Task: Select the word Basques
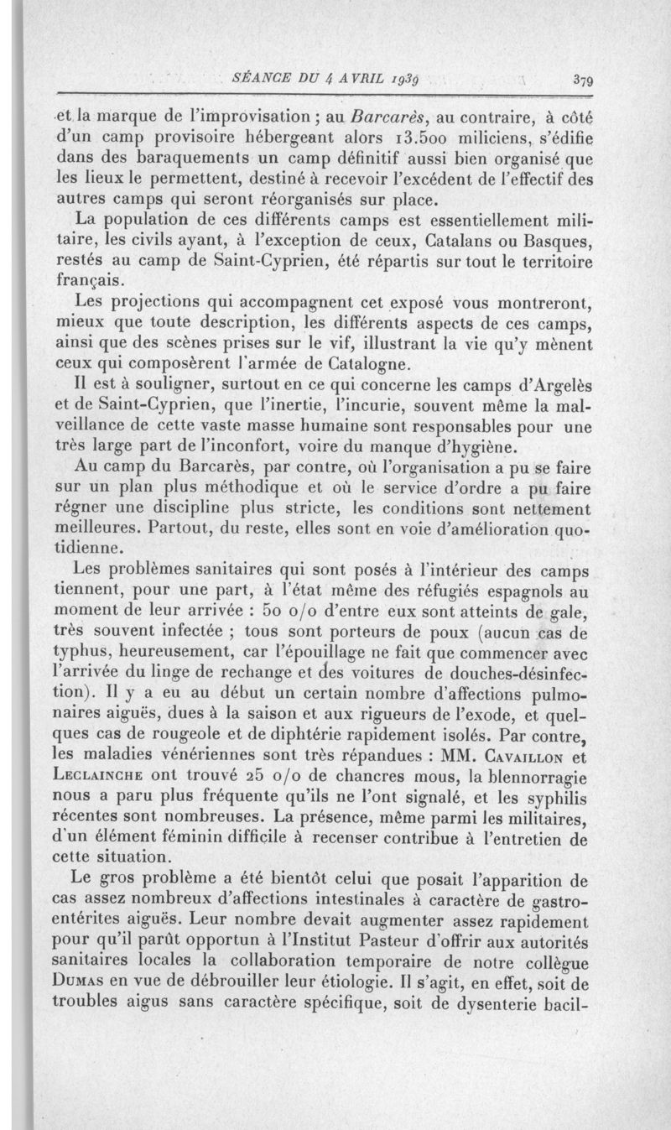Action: pos(551,242)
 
